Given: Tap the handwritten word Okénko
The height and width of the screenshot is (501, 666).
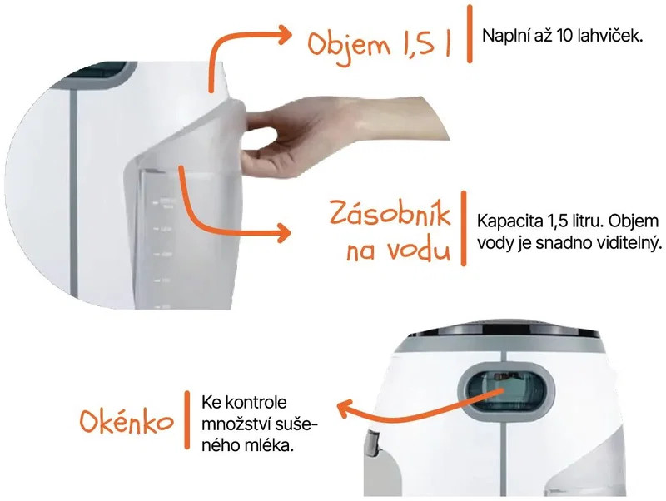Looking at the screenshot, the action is click(127, 422).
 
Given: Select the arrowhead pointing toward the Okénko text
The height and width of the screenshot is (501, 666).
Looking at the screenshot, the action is click(345, 409).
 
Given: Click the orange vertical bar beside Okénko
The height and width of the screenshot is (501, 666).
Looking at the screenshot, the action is click(186, 420).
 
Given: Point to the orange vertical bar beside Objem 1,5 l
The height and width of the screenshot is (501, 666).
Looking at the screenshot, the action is click(470, 34).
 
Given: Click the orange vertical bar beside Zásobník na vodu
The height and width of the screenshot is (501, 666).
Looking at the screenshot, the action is click(464, 228).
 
